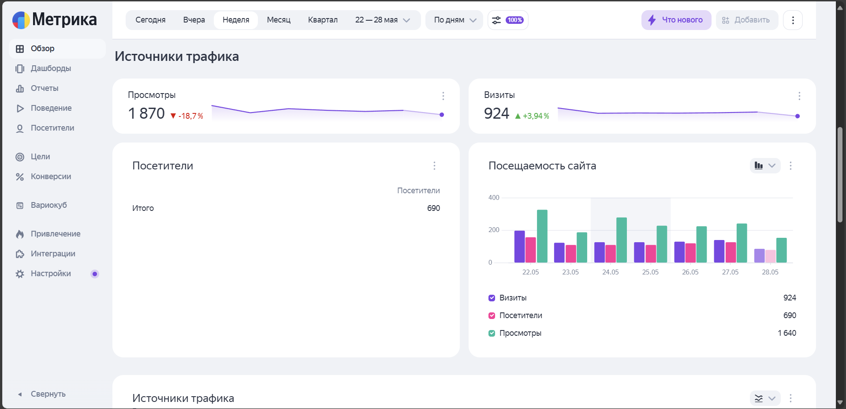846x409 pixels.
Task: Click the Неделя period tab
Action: [x=236, y=20]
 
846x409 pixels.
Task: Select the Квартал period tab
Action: [x=323, y=20]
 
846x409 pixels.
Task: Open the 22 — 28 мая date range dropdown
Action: [x=383, y=20]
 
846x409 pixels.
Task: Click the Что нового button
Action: [x=676, y=20]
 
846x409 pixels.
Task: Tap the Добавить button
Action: [x=747, y=20]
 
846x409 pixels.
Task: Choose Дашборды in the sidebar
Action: [x=51, y=68]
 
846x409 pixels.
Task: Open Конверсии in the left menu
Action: [x=51, y=176]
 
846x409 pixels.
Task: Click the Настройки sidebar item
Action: [x=51, y=274]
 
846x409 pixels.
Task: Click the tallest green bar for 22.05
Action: [x=542, y=236]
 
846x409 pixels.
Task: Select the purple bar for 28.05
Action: [x=759, y=256]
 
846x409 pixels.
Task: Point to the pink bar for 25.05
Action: [x=651, y=254]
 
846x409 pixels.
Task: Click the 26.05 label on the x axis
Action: [x=690, y=272]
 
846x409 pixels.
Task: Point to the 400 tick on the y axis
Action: [x=494, y=198]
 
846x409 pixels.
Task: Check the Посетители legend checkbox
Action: [x=492, y=315]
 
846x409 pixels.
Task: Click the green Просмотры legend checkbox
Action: [x=492, y=333]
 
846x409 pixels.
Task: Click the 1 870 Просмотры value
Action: [x=146, y=113]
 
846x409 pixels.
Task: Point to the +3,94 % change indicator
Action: [x=532, y=116]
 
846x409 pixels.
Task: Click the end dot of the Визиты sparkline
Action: [x=798, y=116]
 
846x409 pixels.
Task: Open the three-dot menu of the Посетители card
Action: [x=434, y=165]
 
